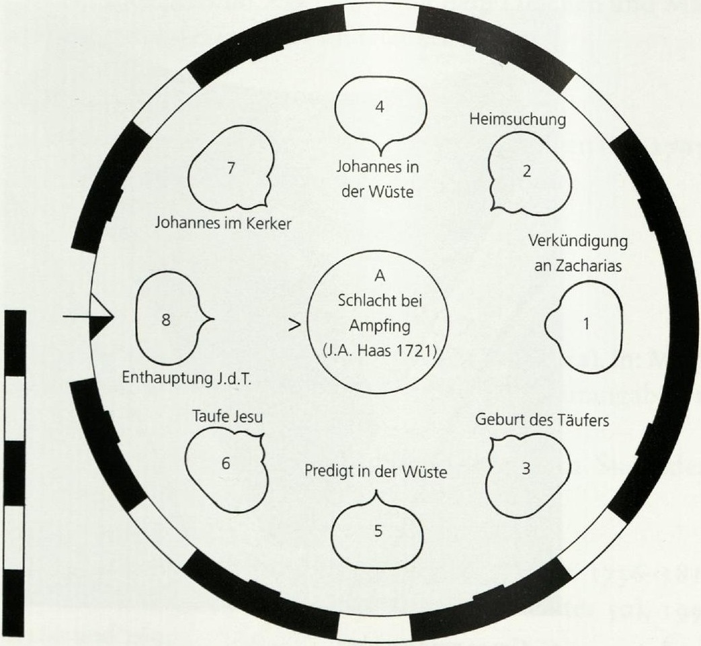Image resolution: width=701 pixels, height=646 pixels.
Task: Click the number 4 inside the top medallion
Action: pyautogui.click(x=380, y=107)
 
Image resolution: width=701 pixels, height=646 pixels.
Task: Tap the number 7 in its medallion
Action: pyautogui.click(x=231, y=168)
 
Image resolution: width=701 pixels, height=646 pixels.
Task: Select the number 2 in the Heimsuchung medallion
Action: pyautogui.click(x=527, y=171)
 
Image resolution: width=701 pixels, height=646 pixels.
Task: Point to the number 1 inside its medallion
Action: pyautogui.click(x=586, y=324)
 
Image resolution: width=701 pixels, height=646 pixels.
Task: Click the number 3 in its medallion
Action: pyautogui.click(x=526, y=468)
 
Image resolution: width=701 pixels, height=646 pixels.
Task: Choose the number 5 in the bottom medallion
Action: pyautogui.click(x=226, y=463)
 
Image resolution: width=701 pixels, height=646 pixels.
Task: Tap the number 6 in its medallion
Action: pyautogui.click(x=378, y=531)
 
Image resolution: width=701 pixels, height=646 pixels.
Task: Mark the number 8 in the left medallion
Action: pyautogui.click(x=166, y=320)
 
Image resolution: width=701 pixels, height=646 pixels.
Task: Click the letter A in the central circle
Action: pyautogui.click(x=380, y=276)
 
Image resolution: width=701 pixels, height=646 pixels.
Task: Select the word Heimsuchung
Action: pyautogui.click(x=518, y=120)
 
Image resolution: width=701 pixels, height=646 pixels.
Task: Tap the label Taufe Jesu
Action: pyautogui.click(x=228, y=416)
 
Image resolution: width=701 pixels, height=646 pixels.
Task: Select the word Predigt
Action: pyautogui.click(x=329, y=472)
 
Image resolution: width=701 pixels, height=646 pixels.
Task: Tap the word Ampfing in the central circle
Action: pyautogui.click(x=380, y=326)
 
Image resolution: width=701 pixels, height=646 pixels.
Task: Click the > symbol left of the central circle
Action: pyautogui.click(x=294, y=325)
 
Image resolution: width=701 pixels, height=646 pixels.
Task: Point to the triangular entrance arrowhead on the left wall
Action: pyautogui.click(x=101, y=318)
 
